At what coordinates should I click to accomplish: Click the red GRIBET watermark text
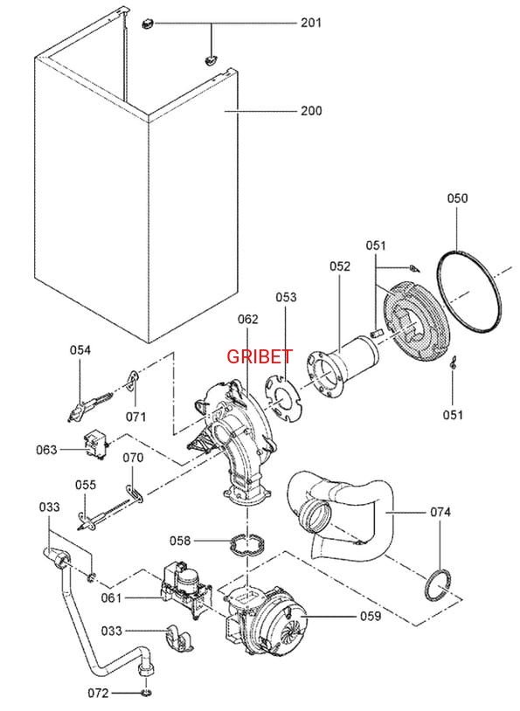pyautogui.click(x=260, y=356)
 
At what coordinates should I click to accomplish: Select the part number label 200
pyautogui.click(x=311, y=111)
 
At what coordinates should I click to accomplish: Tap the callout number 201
pyautogui.click(x=311, y=23)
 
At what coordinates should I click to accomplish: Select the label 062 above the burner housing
pyautogui.click(x=247, y=319)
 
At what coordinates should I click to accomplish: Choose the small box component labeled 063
pyautogui.click(x=96, y=445)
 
